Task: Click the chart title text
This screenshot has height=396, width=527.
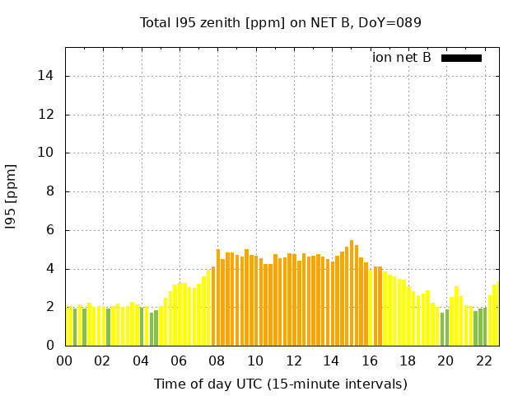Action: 280,22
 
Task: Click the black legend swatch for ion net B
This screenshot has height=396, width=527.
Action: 461,58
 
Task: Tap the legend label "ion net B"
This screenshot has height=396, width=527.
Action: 402,58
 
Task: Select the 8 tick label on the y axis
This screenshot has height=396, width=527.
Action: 50,191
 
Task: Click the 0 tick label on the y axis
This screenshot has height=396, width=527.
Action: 50,346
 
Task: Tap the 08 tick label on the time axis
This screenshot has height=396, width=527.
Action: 217,361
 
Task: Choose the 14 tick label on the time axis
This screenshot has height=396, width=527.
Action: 331,361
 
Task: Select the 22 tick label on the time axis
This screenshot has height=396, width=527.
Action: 483,361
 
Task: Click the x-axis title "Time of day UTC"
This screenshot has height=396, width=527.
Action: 280,384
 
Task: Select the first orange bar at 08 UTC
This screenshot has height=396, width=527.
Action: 218,297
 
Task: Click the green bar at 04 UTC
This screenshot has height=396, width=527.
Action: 142,327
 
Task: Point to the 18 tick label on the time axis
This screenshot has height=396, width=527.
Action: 407,361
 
